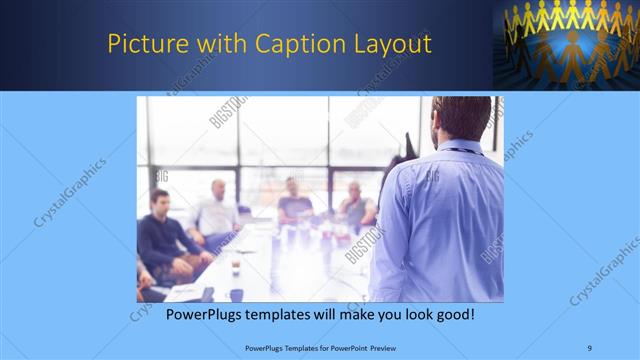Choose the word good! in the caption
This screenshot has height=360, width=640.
[x=452, y=315]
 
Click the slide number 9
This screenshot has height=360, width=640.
[x=590, y=348]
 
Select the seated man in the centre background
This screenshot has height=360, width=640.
[x=294, y=202]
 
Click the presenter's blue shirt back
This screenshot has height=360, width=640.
[x=440, y=220]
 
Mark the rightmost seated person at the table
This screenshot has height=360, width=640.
[x=356, y=205]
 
